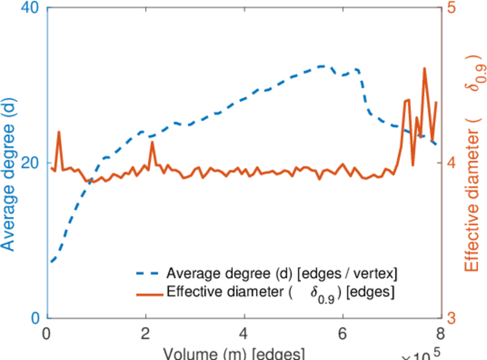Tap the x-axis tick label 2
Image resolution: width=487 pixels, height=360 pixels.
point(145,333)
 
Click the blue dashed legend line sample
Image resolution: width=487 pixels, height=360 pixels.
point(148,274)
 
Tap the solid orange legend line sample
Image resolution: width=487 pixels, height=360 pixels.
point(148,293)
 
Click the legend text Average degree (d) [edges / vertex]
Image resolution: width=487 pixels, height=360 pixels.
point(282,274)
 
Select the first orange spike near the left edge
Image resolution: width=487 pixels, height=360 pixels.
point(59,131)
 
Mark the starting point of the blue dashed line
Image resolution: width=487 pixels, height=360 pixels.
point(52,262)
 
